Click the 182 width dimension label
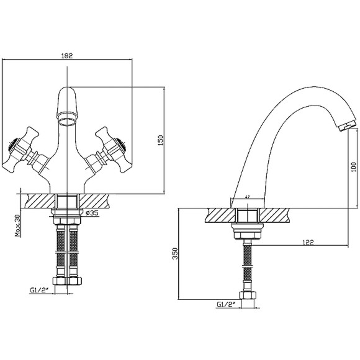67,56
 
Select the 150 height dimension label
161,140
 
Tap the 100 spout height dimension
354,167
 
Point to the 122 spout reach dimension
308,242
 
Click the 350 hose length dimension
175,253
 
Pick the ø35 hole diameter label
92,213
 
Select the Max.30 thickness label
17,225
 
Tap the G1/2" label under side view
227,304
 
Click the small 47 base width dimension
247,197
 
